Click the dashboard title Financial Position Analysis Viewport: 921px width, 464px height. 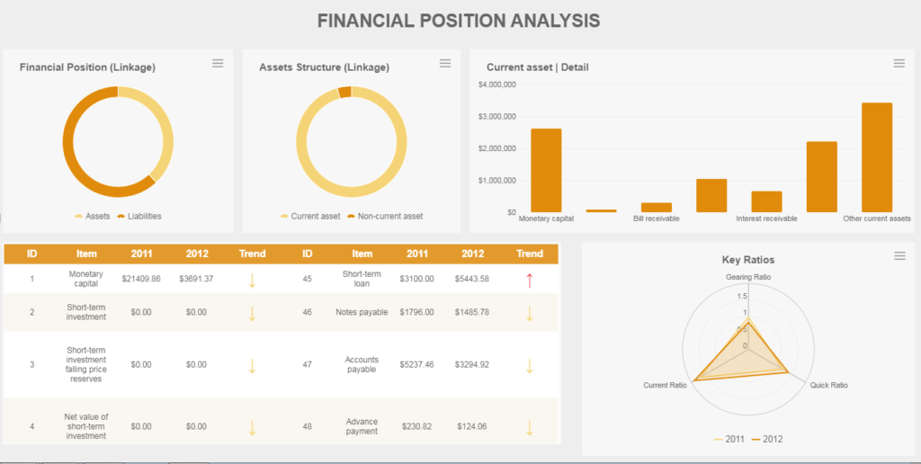coord(459,21)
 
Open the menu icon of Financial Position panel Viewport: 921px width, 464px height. coord(218,63)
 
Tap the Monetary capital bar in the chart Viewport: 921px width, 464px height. coord(546,170)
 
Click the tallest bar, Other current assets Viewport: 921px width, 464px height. coord(877,157)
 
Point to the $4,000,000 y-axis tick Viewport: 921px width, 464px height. coord(497,85)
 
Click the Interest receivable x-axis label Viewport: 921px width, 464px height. coord(765,219)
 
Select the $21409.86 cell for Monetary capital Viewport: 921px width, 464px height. coord(141,279)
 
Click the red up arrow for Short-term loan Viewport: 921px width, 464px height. coord(530,280)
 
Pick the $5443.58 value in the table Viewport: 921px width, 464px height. coord(472,279)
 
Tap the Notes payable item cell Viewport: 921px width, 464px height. coord(362,312)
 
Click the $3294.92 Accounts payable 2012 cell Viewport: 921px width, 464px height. coord(472,365)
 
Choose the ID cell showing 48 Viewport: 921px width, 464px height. coord(307,426)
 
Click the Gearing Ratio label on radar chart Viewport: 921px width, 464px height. coord(748,277)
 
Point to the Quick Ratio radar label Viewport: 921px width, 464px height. coord(828,385)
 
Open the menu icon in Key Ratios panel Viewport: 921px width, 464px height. coord(899,256)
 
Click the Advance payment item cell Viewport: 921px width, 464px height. coord(362,426)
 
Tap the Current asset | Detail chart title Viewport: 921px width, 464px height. coord(538,67)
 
